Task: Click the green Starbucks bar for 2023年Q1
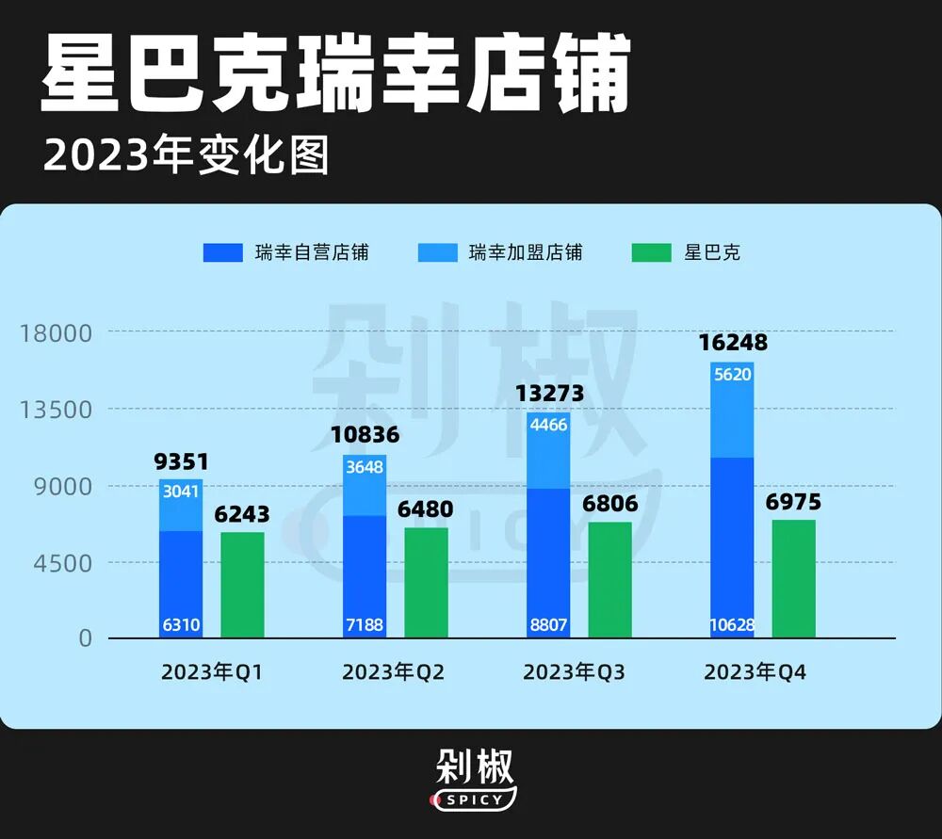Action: coord(242,585)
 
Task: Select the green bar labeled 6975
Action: coord(793,578)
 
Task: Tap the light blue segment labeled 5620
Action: coord(732,410)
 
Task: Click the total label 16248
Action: coord(733,343)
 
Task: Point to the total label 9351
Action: coord(181,462)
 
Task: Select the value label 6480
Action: coord(426,509)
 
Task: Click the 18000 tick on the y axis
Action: coord(57,332)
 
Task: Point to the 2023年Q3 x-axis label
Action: coord(574,672)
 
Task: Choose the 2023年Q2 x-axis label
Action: coord(393,672)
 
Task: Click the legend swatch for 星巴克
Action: coord(652,252)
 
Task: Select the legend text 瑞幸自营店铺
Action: coord(311,252)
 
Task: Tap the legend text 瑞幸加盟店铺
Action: coord(526,252)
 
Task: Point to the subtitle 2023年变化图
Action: coord(187,155)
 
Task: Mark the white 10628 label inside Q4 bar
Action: coord(732,625)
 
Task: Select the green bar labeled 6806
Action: coord(609,579)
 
